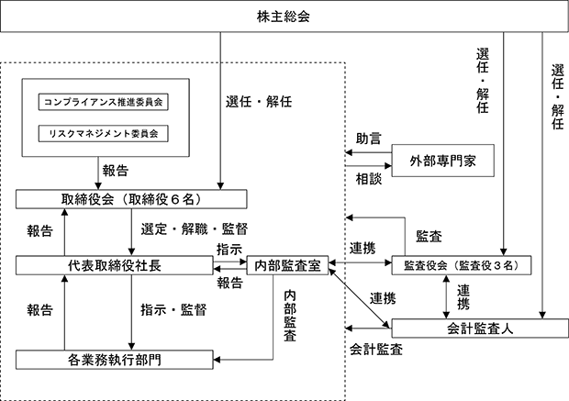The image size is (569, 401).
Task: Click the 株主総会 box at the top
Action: click(284, 17)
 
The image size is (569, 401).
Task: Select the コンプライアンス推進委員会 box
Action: click(104, 102)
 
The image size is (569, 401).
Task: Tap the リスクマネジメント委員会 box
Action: click(104, 134)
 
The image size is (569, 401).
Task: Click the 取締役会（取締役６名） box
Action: click(131, 199)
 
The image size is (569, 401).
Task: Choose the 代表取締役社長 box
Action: click(115, 265)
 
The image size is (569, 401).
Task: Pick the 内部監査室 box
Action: click(287, 265)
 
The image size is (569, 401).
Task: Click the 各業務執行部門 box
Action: click(115, 360)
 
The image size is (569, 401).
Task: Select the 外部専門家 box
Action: click(442, 161)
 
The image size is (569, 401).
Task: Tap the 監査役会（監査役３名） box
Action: click(462, 265)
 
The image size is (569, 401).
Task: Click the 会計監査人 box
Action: click(480, 329)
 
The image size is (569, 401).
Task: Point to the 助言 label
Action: click(368, 139)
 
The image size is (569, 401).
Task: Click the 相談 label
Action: click(368, 179)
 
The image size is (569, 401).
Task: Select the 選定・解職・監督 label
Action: click(195, 229)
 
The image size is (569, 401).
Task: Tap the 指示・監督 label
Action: click(173, 309)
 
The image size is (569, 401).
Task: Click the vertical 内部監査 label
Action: click(290, 316)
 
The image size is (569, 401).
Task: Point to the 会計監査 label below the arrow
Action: click(376, 349)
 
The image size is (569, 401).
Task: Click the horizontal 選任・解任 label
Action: click(259, 102)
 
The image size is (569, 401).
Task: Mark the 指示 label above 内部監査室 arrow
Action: click(229, 250)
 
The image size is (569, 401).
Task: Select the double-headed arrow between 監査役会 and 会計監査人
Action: click(446, 296)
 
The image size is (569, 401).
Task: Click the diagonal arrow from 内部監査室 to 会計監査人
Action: click(359, 296)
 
